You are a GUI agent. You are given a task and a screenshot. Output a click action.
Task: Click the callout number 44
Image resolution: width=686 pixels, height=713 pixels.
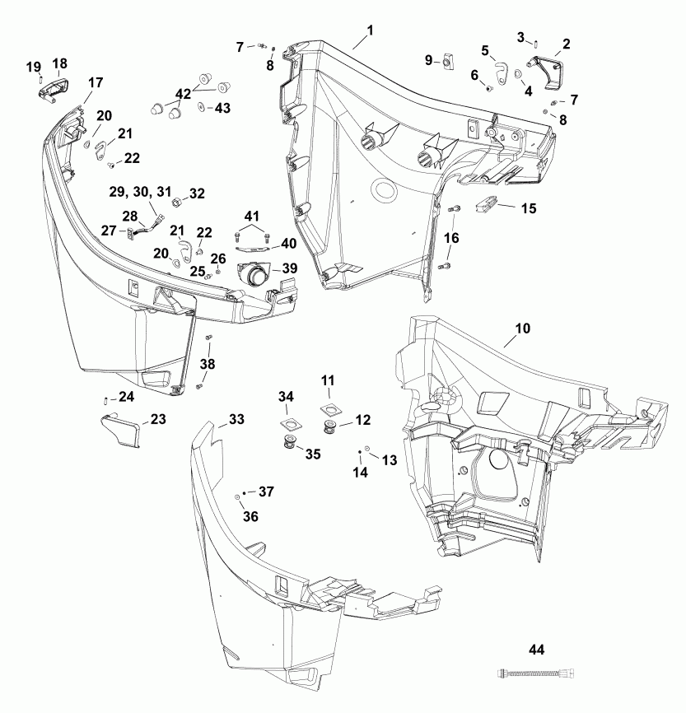537,650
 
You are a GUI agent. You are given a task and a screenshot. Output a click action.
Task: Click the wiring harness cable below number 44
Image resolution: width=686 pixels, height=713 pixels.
536,674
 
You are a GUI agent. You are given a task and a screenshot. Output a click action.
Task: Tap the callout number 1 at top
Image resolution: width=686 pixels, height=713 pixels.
370,30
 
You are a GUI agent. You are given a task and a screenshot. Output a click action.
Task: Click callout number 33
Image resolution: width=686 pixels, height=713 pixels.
236,420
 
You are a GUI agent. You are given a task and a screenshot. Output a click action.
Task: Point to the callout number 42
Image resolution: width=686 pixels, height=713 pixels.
183,93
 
